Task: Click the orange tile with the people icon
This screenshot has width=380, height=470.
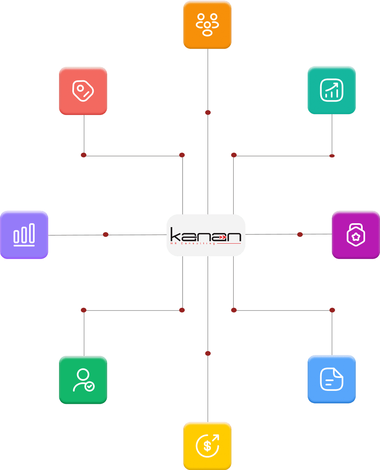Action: [x=207, y=25]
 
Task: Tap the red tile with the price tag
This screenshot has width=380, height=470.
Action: [x=83, y=91]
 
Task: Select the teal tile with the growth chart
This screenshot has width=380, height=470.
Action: [x=332, y=90]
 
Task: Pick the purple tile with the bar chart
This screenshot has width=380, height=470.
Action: [x=24, y=235]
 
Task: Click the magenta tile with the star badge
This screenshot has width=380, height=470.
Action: [x=356, y=235]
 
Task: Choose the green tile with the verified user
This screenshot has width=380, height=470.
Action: [x=83, y=380]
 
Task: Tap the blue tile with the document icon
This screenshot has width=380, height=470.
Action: [x=332, y=379]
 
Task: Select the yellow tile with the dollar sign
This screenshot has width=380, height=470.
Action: [x=207, y=446]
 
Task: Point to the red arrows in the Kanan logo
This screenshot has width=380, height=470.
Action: [x=222, y=237]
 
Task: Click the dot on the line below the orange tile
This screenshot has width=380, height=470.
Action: [x=208, y=113]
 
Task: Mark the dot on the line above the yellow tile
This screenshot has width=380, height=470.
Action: [x=208, y=353]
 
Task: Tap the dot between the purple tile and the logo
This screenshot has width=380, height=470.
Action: [x=105, y=235]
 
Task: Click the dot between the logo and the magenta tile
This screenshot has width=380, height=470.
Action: [x=300, y=235]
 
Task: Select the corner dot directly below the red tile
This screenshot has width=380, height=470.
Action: [x=83, y=155]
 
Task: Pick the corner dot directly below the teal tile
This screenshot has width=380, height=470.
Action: [x=332, y=156]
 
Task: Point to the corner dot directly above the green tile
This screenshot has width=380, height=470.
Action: [x=83, y=310]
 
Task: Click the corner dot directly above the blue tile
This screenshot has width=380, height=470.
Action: [x=332, y=310]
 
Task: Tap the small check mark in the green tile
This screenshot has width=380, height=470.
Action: [x=90, y=387]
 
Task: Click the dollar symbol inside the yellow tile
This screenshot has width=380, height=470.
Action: [x=207, y=446]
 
